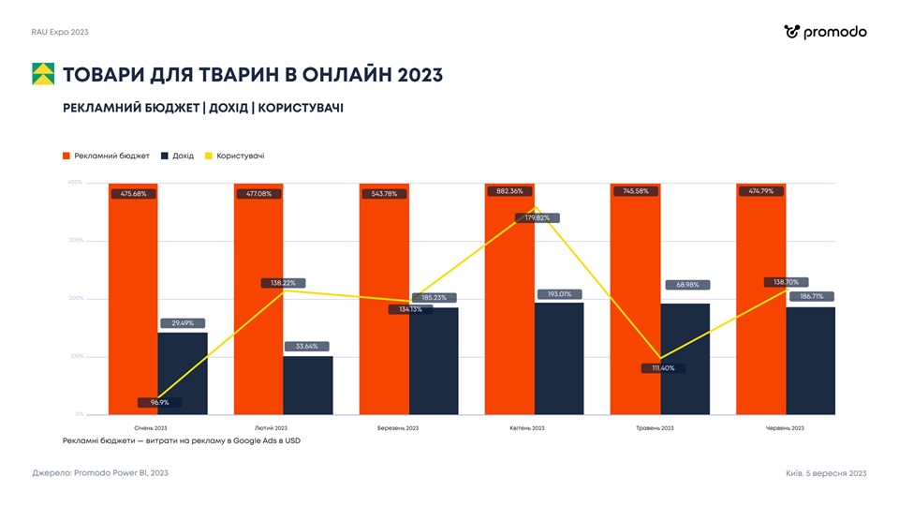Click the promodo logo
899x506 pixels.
click(x=825, y=32)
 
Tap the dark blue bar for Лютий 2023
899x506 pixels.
click(x=308, y=385)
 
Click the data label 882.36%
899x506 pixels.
click(x=509, y=191)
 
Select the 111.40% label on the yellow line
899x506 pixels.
click(x=663, y=368)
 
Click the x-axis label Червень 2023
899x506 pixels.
click(x=785, y=428)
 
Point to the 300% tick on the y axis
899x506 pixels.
click(x=75, y=241)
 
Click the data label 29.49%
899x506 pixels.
click(x=183, y=323)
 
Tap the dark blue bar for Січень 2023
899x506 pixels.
click(x=183, y=375)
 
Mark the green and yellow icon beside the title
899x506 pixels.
click(x=43, y=74)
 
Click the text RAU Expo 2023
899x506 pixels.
click(x=60, y=32)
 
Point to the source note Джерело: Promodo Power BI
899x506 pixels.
click(x=100, y=473)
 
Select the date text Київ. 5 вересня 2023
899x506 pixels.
click(x=826, y=473)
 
